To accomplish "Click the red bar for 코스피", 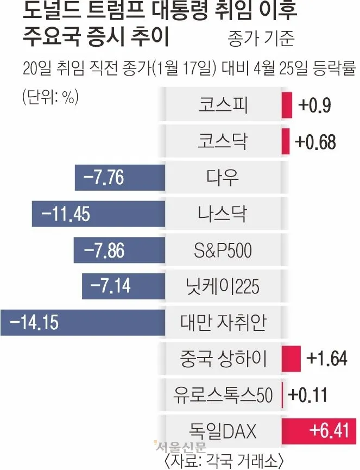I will [x=283, y=105].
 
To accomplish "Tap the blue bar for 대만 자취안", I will [x=81, y=322].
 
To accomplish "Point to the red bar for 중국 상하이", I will [x=291, y=359].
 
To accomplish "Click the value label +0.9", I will [x=314, y=105].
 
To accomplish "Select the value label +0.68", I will [x=315, y=142].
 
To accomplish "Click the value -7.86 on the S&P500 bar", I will [x=104, y=250].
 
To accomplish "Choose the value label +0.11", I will [x=307, y=395].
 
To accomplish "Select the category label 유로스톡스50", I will [x=223, y=395].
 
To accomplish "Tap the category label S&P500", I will [x=223, y=250].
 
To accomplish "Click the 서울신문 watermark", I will [x=180, y=447].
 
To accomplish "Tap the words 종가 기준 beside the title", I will [x=262, y=39].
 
